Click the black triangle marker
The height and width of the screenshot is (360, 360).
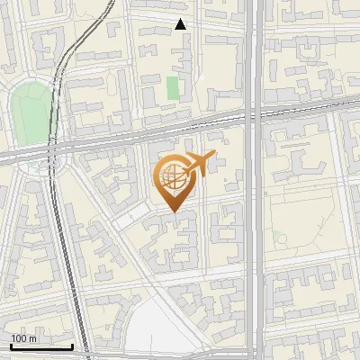[181, 24]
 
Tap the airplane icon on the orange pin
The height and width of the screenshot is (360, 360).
[199, 164]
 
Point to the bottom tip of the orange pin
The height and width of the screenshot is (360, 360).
[172, 212]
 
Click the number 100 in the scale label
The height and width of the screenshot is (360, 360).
[18, 337]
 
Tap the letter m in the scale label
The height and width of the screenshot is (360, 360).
[32, 337]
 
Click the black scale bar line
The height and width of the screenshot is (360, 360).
[40, 346]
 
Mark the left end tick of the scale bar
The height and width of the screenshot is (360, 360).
[10, 345]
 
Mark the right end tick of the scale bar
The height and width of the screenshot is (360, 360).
[72, 345]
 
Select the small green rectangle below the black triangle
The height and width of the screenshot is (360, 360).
[173, 88]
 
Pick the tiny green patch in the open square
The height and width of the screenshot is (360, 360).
[279, 238]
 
